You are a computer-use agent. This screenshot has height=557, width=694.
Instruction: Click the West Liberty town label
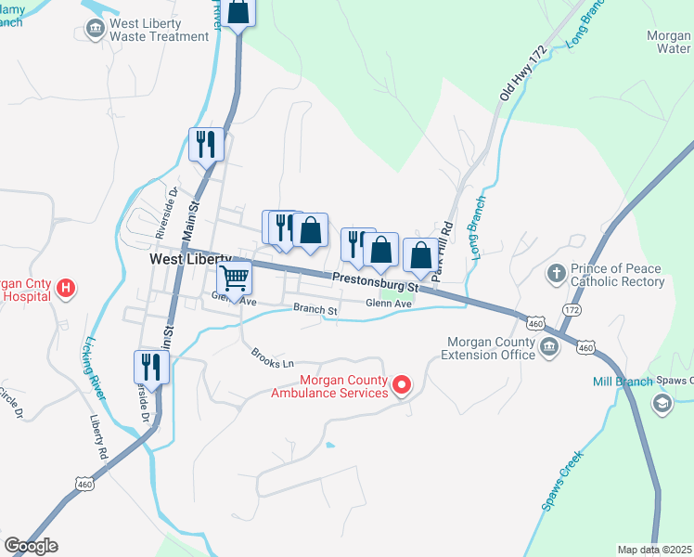click(x=191, y=260)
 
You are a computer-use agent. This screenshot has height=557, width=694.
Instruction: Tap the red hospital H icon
click(x=66, y=289)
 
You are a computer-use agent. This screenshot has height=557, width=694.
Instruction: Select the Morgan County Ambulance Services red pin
click(x=402, y=383)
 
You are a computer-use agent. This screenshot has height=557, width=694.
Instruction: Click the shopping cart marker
click(x=235, y=276)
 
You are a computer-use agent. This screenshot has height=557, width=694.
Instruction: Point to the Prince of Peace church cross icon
click(x=556, y=274)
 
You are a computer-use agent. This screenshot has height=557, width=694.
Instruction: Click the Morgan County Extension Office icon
click(x=548, y=348)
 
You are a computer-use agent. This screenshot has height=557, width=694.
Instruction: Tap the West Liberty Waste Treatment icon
click(x=94, y=29)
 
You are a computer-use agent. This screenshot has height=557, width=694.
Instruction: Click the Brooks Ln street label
click(x=272, y=358)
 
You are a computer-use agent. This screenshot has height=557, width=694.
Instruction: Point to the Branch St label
click(x=315, y=308)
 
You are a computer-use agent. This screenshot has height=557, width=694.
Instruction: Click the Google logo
click(x=31, y=546)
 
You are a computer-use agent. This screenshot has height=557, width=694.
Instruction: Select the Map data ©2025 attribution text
click(x=654, y=550)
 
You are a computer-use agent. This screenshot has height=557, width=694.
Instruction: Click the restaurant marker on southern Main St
click(x=148, y=366)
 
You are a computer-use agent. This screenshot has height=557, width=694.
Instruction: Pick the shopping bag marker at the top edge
click(x=238, y=13)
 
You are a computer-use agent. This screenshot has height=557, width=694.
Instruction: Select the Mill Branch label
click(x=623, y=382)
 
